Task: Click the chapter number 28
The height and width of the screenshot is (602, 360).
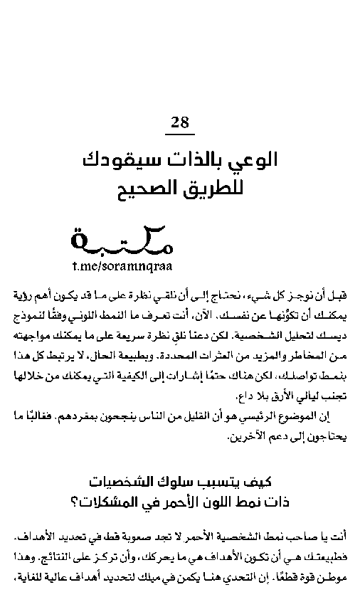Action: pyautogui.click(x=180, y=122)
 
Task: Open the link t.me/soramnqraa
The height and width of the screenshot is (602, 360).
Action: pyautogui.click(x=122, y=265)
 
